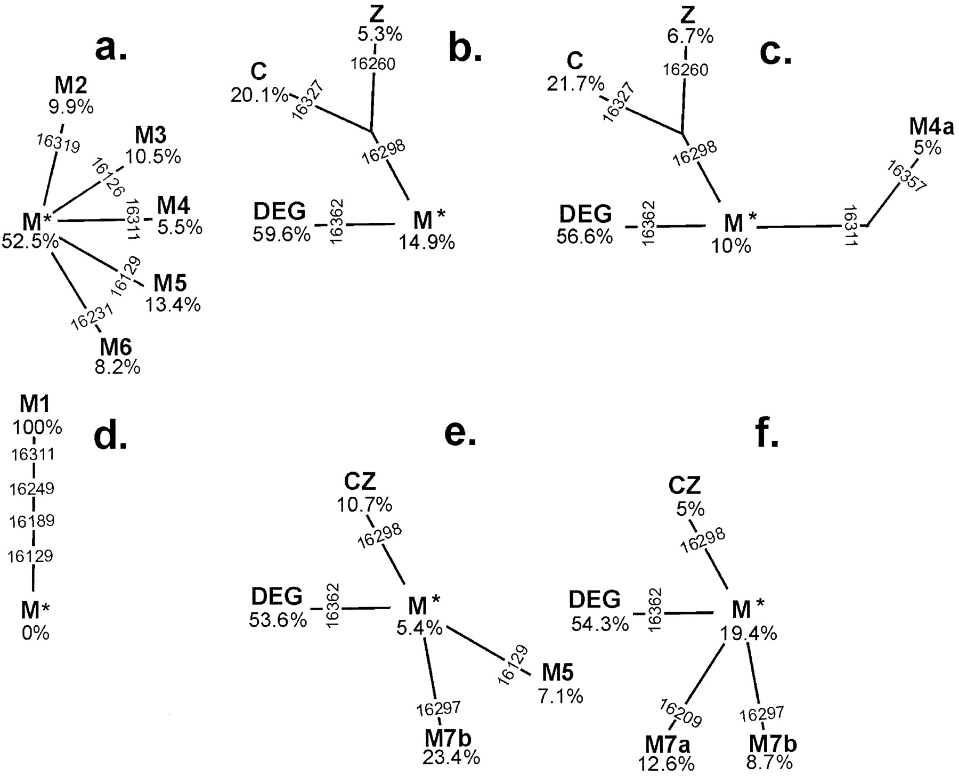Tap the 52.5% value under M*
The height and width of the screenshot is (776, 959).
(30, 241)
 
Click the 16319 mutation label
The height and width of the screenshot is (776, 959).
(59, 143)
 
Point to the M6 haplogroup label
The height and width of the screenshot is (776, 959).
(116, 347)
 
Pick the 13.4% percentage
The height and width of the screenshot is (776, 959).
(173, 304)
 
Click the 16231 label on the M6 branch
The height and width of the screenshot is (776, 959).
(92, 318)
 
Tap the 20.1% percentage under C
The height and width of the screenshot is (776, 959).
(259, 95)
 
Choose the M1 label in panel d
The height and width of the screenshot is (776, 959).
(35, 405)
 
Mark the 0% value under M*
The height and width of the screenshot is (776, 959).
(35, 633)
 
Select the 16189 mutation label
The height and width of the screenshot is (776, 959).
(32, 521)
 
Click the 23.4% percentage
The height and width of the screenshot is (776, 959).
(451, 757)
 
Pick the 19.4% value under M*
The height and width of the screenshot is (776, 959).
(748, 633)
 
